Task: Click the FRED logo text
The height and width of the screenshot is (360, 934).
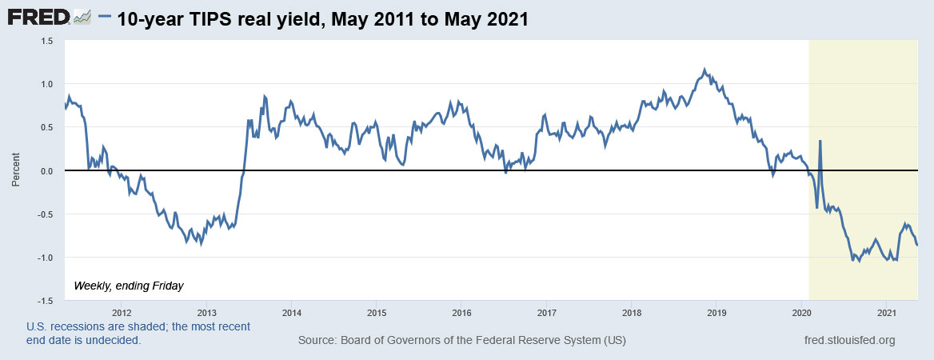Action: (x=38, y=18)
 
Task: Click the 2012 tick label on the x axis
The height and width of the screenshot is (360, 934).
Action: (x=122, y=312)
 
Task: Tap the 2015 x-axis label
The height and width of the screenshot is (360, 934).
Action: (x=377, y=312)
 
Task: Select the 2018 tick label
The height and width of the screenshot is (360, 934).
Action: (x=632, y=312)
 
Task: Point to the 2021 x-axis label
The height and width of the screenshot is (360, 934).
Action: (x=886, y=312)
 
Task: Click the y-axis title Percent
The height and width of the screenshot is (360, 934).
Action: (x=15, y=171)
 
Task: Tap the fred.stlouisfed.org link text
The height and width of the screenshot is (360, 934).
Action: (x=849, y=341)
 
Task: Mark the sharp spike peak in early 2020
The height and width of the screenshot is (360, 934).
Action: (x=820, y=142)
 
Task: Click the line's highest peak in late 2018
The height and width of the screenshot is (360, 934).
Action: (x=704, y=70)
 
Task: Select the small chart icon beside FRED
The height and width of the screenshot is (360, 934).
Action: (x=82, y=18)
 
